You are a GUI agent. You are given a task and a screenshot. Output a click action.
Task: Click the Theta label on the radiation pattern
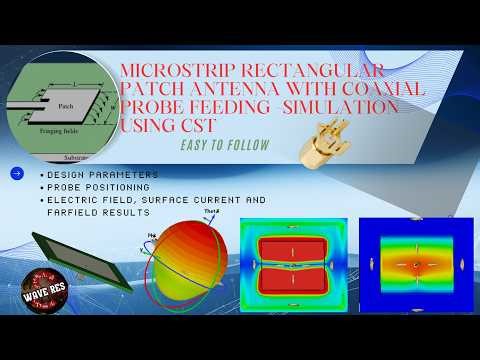pyautogui.click(x=211, y=213)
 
